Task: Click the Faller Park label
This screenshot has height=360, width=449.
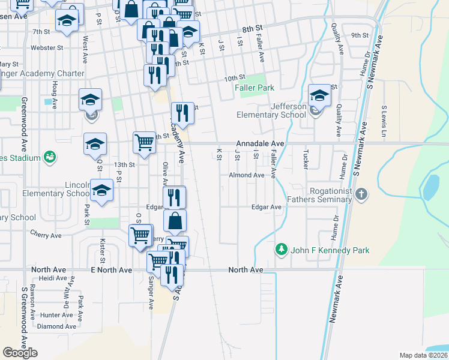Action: click(x=254, y=88)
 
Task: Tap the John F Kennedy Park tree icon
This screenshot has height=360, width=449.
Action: click(x=280, y=248)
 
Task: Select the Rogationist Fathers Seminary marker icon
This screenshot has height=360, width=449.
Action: click(x=360, y=194)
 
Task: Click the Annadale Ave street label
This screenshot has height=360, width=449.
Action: click(x=259, y=144)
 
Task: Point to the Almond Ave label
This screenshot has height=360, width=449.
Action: click(x=246, y=175)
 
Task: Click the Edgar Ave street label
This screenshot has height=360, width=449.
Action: click(x=267, y=207)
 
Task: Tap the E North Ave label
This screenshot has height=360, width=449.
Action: click(x=111, y=270)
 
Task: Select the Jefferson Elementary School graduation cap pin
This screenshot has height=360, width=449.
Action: click(x=319, y=96)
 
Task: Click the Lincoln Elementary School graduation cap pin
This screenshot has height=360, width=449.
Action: click(x=102, y=191)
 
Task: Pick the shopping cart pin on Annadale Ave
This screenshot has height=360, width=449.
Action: click(x=144, y=143)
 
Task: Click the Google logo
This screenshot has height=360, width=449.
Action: click(x=20, y=353)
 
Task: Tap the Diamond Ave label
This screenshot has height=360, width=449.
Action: click(x=56, y=326)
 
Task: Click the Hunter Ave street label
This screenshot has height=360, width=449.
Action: click(x=57, y=314)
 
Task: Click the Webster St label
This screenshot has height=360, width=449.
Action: click(x=47, y=47)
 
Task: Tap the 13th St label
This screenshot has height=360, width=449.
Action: click(x=124, y=164)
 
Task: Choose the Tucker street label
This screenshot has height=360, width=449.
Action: click(x=306, y=158)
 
